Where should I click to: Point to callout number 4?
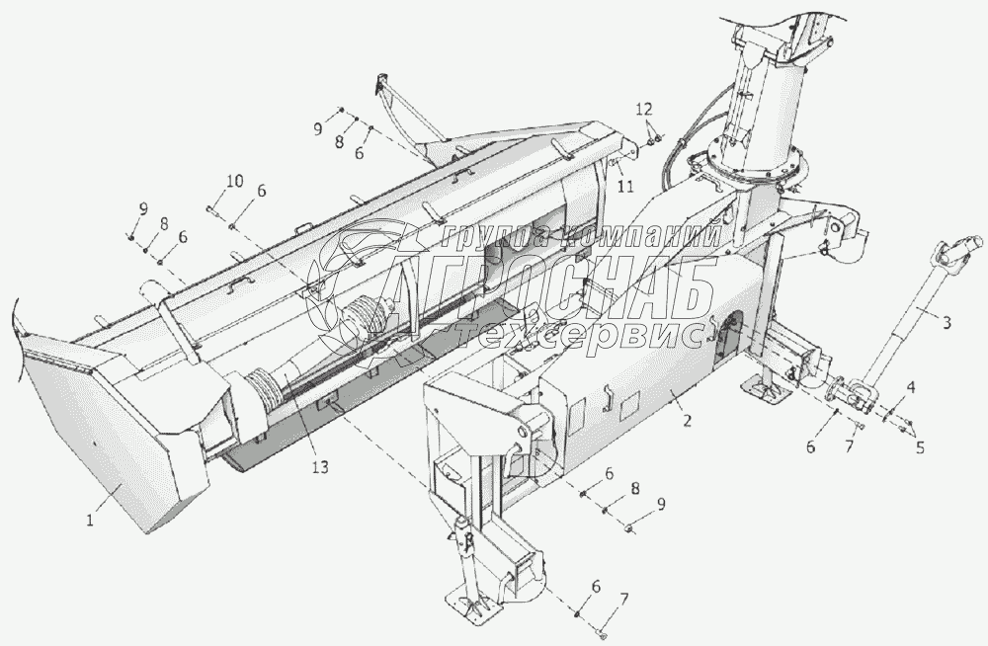[x=911, y=388]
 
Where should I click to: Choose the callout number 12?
[x=643, y=107]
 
